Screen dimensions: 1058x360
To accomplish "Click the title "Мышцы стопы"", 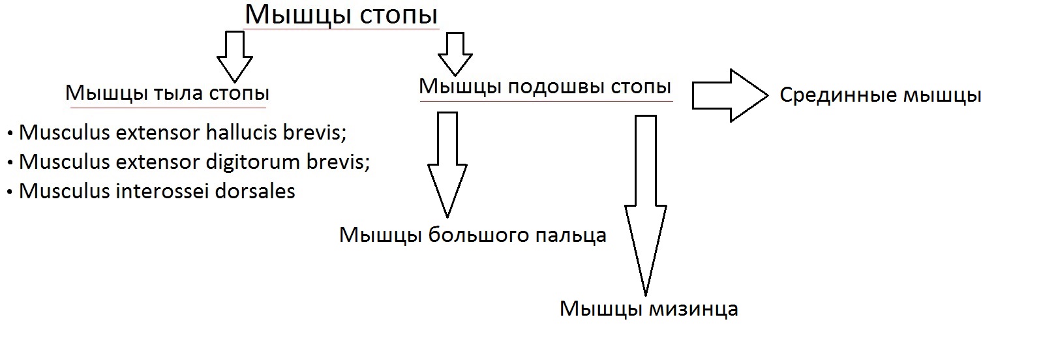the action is (x=341, y=15).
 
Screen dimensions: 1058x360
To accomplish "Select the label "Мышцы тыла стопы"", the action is (x=167, y=93).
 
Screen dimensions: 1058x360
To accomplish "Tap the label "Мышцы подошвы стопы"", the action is (x=545, y=87).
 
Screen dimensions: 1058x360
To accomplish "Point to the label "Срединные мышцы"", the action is (x=881, y=95).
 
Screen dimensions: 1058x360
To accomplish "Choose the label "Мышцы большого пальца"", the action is (x=472, y=235).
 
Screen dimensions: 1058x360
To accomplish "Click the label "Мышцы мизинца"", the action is (x=648, y=309).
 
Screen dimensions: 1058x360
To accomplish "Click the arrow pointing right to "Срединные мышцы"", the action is (x=730, y=95).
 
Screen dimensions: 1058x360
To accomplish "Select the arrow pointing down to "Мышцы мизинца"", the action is (x=646, y=205).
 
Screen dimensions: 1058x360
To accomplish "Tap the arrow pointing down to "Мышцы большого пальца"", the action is (x=447, y=164).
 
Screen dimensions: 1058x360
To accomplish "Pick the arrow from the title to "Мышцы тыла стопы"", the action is (x=235, y=57).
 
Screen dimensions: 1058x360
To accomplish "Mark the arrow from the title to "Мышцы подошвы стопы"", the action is (x=455, y=54).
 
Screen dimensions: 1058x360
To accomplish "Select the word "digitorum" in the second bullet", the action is (x=253, y=162).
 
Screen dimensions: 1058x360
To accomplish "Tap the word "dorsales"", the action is (x=255, y=191).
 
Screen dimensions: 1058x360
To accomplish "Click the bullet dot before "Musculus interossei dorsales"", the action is (x=10, y=193).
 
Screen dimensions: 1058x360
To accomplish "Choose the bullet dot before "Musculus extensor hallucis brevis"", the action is (x=10, y=134).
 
